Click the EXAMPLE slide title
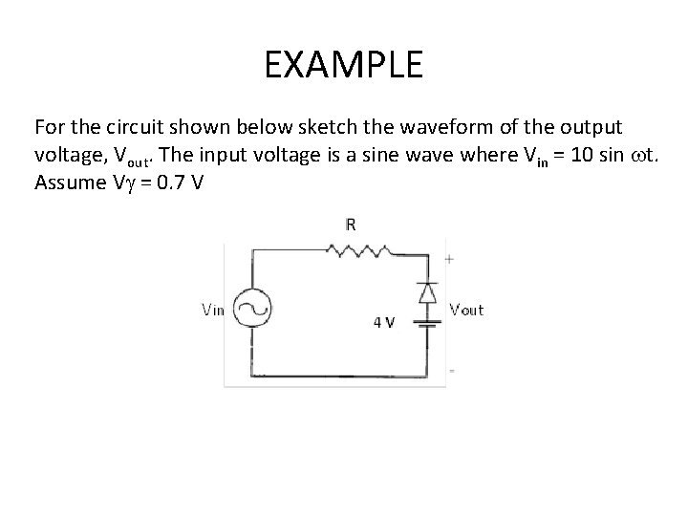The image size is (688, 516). (x=343, y=65)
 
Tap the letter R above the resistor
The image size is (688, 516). (x=352, y=226)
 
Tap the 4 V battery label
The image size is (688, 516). (x=383, y=321)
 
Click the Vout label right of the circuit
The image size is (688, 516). (x=466, y=308)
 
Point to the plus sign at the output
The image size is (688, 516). (x=449, y=258)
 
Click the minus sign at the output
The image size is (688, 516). (x=450, y=370)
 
